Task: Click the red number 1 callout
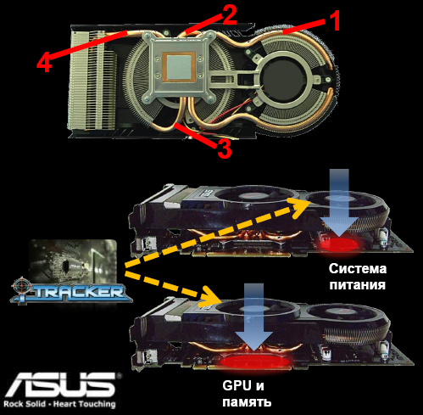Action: [x=335, y=20]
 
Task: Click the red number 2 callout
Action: [x=229, y=15]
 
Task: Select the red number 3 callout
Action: [x=225, y=149]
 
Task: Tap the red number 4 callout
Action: [x=44, y=64]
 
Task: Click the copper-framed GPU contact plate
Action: [x=179, y=67]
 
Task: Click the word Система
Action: [x=358, y=269]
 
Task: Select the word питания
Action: [x=358, y=284]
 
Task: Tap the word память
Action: [x=247, y=402]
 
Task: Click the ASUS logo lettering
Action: [x=61, y=384]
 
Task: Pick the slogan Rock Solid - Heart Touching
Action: [x=60, y=404]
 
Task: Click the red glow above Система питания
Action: [x=341, y=244]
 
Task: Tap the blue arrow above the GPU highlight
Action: [x=253, y=317]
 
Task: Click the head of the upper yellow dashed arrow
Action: [x=299, y=206]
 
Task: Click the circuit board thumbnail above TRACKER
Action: [x=74, y=261]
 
